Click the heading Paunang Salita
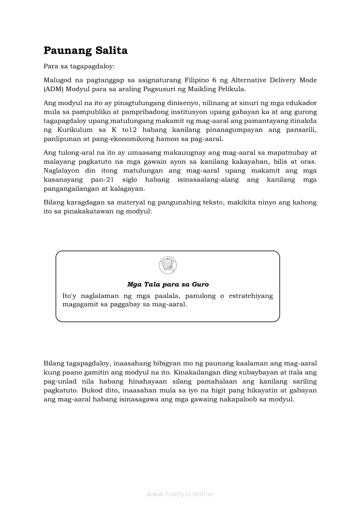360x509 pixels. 85,51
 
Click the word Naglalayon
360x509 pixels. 61,171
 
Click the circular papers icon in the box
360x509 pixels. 168,265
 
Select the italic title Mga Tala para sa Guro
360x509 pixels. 168,284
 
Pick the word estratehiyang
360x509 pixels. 251,296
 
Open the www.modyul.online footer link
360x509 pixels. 180,494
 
